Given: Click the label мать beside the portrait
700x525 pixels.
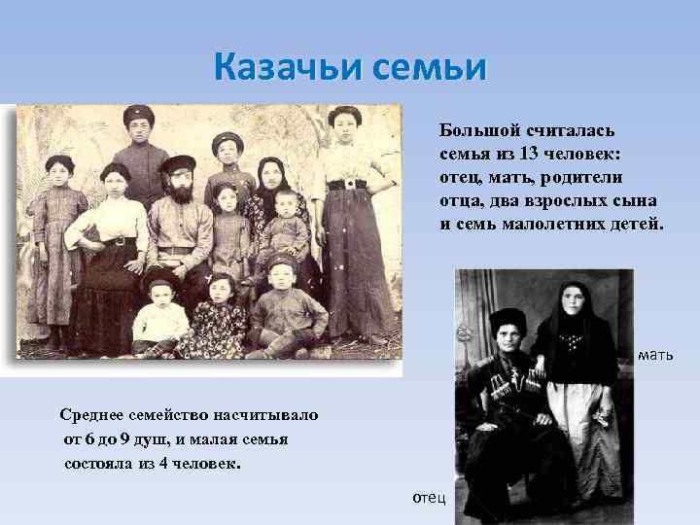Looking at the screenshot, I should [x=655, y=356].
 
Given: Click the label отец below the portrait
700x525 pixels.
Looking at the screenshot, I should [x=429, y=497].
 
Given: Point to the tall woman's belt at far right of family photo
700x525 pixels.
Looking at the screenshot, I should [x=348, y=185].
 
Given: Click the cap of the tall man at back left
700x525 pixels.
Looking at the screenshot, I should [x=139, y=115].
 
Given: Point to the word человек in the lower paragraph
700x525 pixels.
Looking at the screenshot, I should [x=203, y=463].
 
